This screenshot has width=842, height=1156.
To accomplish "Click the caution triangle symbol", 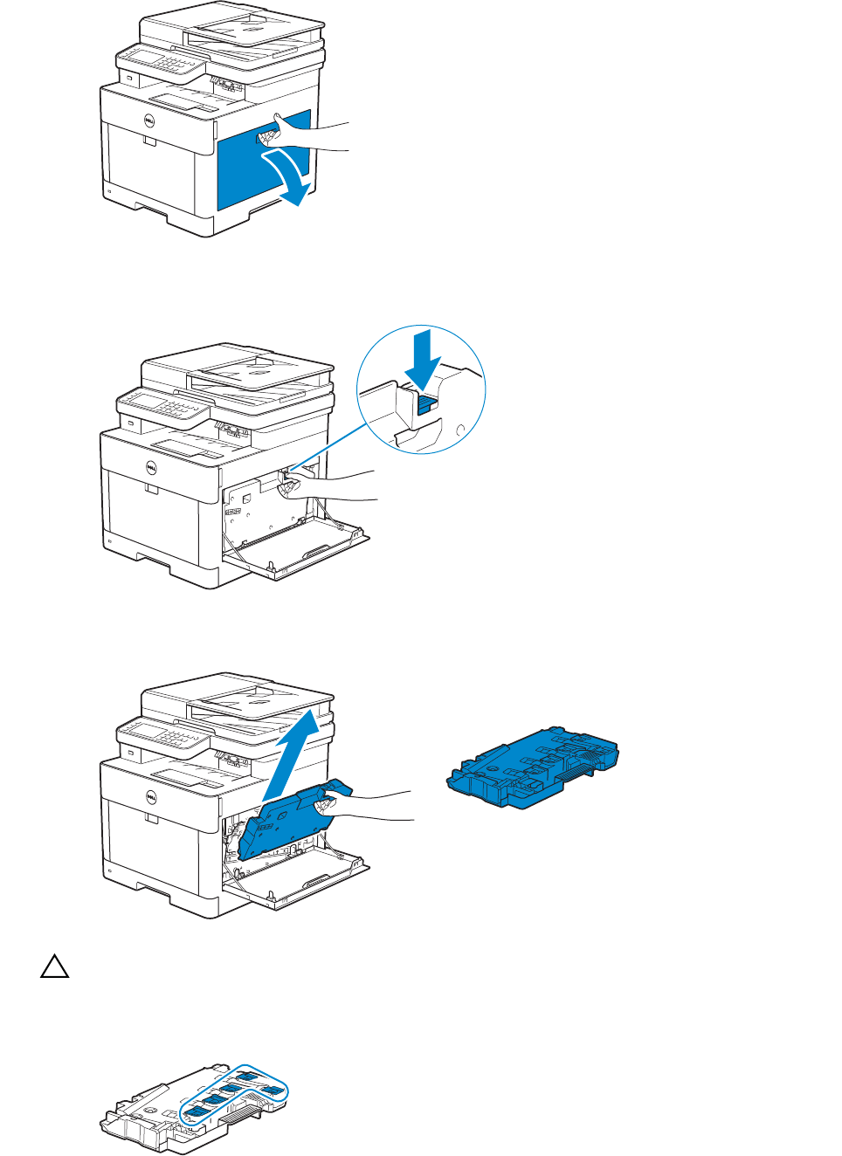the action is [x=54, y=967].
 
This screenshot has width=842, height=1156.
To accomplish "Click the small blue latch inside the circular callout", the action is [x=427, y=404].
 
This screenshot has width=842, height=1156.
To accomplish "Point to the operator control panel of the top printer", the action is [x=162, y=62].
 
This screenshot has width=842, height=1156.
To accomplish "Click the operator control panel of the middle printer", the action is [x=163, y=405].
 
